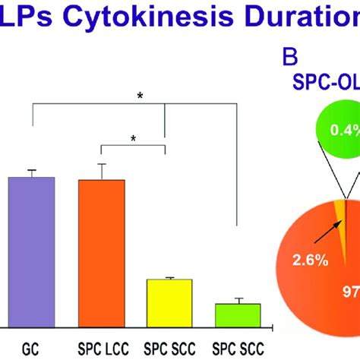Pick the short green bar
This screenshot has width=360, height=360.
[238, 314]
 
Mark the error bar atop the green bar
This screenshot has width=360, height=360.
[238, 301]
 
